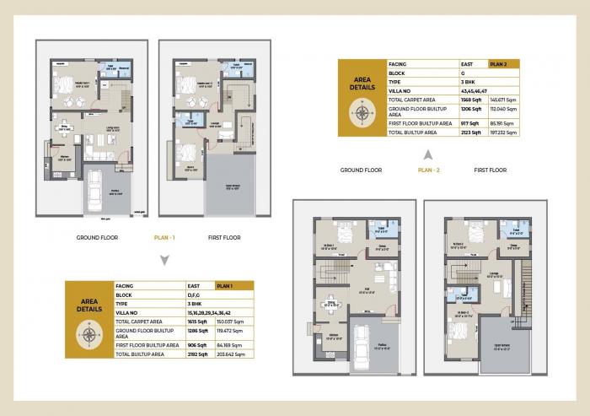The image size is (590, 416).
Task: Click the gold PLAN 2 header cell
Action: [x=504, y=63]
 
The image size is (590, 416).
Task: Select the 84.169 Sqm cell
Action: [x=229, y=345]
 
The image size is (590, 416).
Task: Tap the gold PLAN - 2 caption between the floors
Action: [x=429, y=170]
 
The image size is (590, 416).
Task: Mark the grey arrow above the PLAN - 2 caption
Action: [x=428, y=154]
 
